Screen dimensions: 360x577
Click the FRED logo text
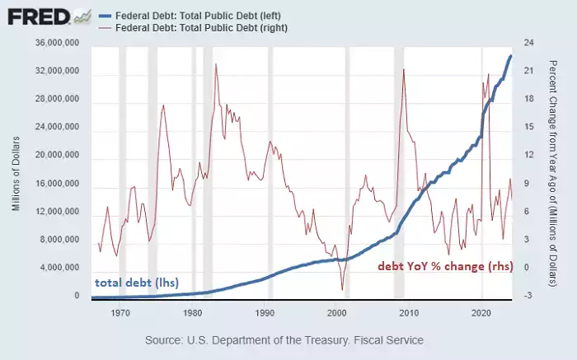(x=38, y=16)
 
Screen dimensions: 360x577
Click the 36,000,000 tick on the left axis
(x=54, y=43)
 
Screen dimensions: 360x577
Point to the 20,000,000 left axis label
(x=54, y=156)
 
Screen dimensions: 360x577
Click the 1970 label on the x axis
(x=120, y=314)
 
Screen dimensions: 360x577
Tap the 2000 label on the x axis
(x=336, y=314)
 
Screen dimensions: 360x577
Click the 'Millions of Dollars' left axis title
(x=16, y=170)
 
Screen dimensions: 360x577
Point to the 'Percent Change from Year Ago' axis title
(x=552, y=169)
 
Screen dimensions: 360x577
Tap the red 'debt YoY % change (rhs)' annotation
(x=444, y=267)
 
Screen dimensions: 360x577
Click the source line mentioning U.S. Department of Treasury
(x=284, y=340)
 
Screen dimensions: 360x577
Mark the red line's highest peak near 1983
(x=216, y=64)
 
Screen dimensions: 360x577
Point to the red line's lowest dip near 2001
(x=341, y=289)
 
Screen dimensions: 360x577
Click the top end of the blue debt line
(x=511, y=56)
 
